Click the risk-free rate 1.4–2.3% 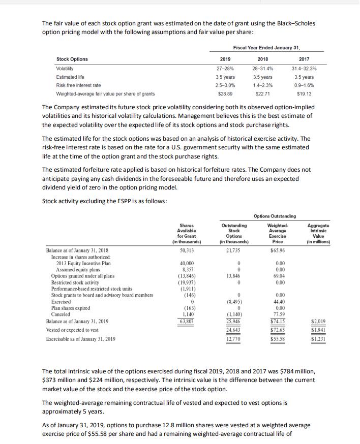pos(262,85)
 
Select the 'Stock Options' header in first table pos(72,59)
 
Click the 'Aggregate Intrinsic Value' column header pos(319,233)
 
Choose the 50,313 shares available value pos(187,251)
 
